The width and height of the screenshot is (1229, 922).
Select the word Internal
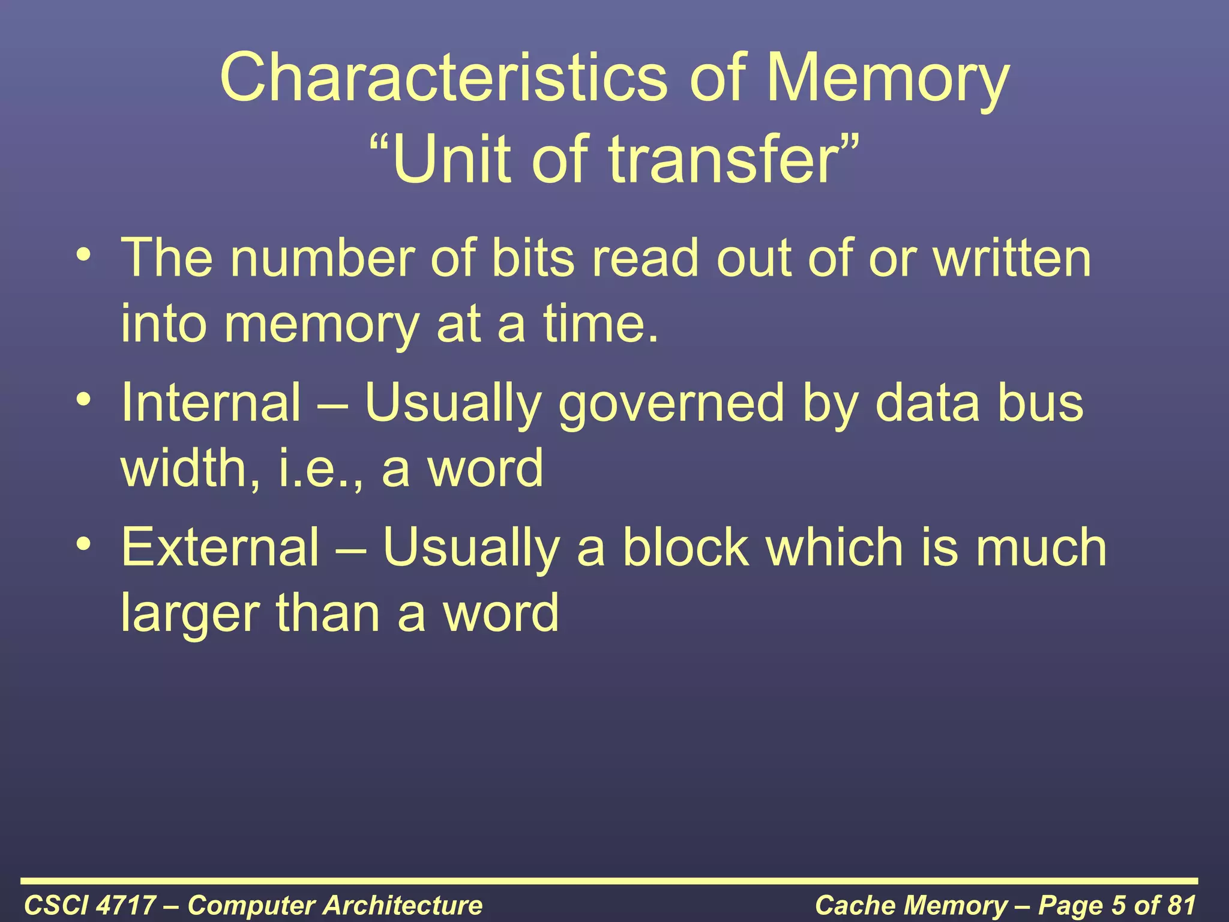211,403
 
